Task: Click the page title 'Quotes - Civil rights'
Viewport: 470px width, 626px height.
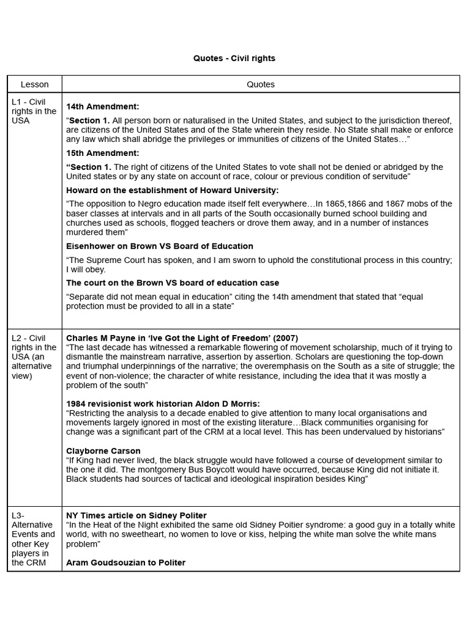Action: pyautogui.click(x=234, y=59)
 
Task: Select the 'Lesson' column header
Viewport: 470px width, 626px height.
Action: pyautogui.click(x=34, y=84)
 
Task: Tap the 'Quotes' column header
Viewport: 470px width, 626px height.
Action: pyautogui.click(x=261, y=84)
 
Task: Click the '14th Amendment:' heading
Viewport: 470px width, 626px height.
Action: pyautogui.click(x=103, y=106)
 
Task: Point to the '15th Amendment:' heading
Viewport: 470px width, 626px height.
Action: pyautogui.click(x=103, y=153)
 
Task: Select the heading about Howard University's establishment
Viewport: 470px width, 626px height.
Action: pyautogui.click(x=172, y=190)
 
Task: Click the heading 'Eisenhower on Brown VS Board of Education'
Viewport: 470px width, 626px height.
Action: pyautogui.click(x=160, y=246)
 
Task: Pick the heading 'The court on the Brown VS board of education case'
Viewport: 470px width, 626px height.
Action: pyautogui.click(x=173, y=283)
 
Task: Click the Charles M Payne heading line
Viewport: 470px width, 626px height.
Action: pyautogui.click(x=182, y=338)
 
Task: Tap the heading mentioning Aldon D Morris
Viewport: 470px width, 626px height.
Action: pyautogui.click(x=163, y=403)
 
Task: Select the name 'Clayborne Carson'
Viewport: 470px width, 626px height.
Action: pyautogui.click(x=103, y=451)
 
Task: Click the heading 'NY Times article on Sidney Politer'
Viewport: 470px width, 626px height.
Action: pyautogui.click(x=136, y=515)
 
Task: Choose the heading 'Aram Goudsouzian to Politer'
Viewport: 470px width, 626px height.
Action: pyautogui.click(x=125, y=562)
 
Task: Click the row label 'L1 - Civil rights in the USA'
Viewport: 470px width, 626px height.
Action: pyautogui.click(x=34, y=111)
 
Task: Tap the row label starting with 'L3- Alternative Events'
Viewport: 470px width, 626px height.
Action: pyautogui.click(x=34, y=539)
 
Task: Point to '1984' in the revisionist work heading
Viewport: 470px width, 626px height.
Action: pyautogui.click(x=76, y=403)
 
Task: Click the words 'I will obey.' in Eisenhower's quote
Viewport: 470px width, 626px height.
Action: pyautogui.click(x=86, y=270)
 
